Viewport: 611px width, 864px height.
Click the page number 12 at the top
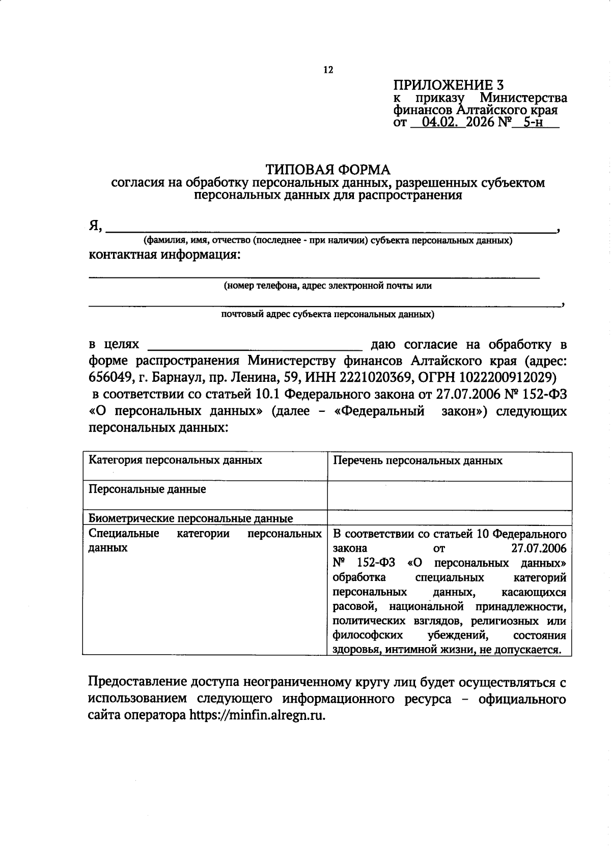[328, 70]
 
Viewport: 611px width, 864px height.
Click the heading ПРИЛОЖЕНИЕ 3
[449, 85]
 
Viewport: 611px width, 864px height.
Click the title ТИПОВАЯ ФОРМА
[328, 169]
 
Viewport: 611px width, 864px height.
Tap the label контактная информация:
[164, 255]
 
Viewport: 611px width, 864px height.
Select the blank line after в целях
[255, 348]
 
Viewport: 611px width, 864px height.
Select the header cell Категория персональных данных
[175, 460]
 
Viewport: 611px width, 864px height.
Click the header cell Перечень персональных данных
[417, 461]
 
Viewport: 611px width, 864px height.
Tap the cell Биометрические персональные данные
[190, 519]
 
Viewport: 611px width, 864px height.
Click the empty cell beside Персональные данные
[449, 495]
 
